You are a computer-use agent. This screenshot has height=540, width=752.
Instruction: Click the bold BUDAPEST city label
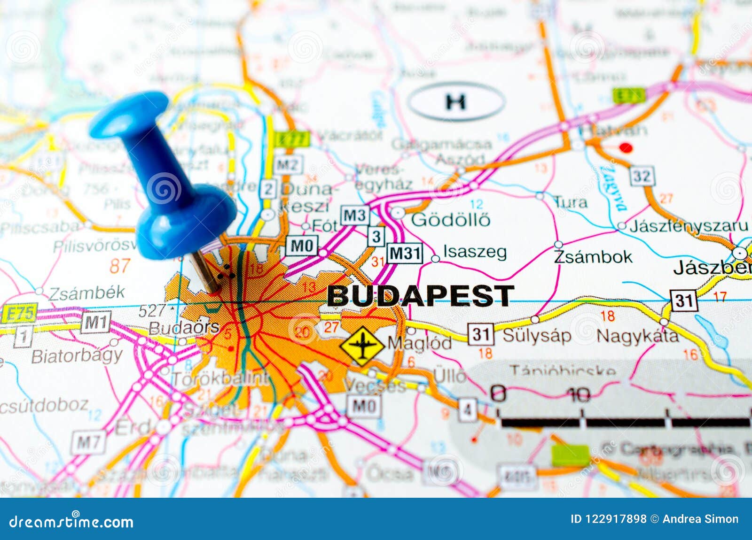tap(420, 296)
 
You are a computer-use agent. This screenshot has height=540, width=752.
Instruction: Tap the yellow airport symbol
tap(362, 346)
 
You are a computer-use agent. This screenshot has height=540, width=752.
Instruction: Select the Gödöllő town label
tap(450, 219)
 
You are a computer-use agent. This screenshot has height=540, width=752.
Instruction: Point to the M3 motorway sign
tap(355, 216)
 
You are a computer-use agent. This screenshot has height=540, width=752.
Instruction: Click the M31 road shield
tap(405, 253)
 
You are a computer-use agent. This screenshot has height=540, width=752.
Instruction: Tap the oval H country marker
tap(455, 101)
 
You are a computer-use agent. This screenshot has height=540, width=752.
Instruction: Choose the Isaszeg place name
tap(475, 252)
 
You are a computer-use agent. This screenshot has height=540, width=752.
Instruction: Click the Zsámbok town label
tap(593, 257)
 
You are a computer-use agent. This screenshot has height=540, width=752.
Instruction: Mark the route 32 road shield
tap(642, 177)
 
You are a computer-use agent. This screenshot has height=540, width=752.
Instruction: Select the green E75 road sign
tap(19, 313)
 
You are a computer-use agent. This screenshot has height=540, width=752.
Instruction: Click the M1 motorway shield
tap(96, 323)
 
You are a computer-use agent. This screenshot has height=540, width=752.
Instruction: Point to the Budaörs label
tap(184, 327)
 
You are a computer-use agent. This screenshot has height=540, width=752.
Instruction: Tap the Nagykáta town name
tap(637, 336)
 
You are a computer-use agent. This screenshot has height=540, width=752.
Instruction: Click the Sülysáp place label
tap(537, 335)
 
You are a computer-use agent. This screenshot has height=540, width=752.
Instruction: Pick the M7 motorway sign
tap(88, 442)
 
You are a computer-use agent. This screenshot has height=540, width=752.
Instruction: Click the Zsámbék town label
tap(86, 293)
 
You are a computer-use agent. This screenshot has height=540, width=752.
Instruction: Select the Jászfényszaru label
tap(689, 226)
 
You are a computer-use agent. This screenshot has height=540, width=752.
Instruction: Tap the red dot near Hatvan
tap(626, 148)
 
